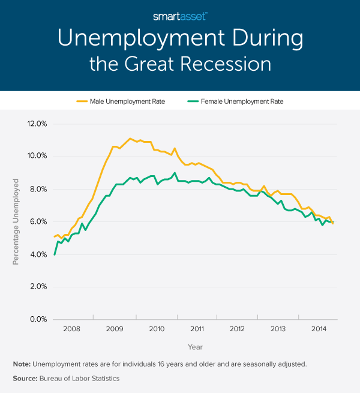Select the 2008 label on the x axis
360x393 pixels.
71,329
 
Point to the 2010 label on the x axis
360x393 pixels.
156,329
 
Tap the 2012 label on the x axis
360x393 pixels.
237,329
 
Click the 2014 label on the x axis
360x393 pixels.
319,329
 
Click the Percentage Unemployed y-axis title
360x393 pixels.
16,222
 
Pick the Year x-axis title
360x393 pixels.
195,347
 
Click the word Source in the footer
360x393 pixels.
25,379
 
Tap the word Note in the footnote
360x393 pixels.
22,364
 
